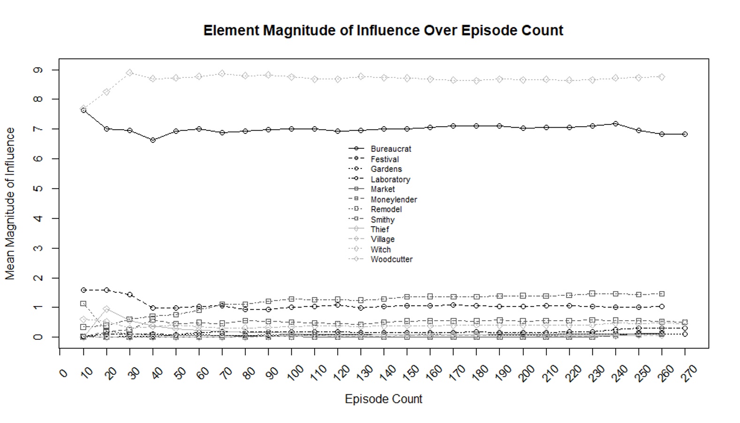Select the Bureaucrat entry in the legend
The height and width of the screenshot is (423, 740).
(x=391, y=149)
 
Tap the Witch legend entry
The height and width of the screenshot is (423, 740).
(x=380, y=249)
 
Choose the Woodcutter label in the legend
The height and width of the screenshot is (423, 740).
(x=392, y=259)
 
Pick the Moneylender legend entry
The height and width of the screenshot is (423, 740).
(x=393, y=200)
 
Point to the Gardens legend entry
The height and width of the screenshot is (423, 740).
(x=386, y=169)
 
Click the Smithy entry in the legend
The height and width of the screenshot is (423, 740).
(x=383, y=220)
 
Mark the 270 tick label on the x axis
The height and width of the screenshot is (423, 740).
(x=690, y=373)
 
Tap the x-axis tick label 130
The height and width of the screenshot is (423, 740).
(x=364, y=373)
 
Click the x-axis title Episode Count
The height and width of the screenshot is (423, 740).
(x=384, y=399)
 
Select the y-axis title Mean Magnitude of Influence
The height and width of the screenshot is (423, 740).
(x=10, y=204)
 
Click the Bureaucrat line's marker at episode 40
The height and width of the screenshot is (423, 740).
(x=153, y=140)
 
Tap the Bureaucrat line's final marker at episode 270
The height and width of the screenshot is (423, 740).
(x=685, y=134)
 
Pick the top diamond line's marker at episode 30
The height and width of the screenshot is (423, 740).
(x=130, y=73)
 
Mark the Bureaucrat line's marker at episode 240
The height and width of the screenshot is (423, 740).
(x=616, y=124)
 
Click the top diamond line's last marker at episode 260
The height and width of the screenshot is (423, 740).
(x=662, y=77)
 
